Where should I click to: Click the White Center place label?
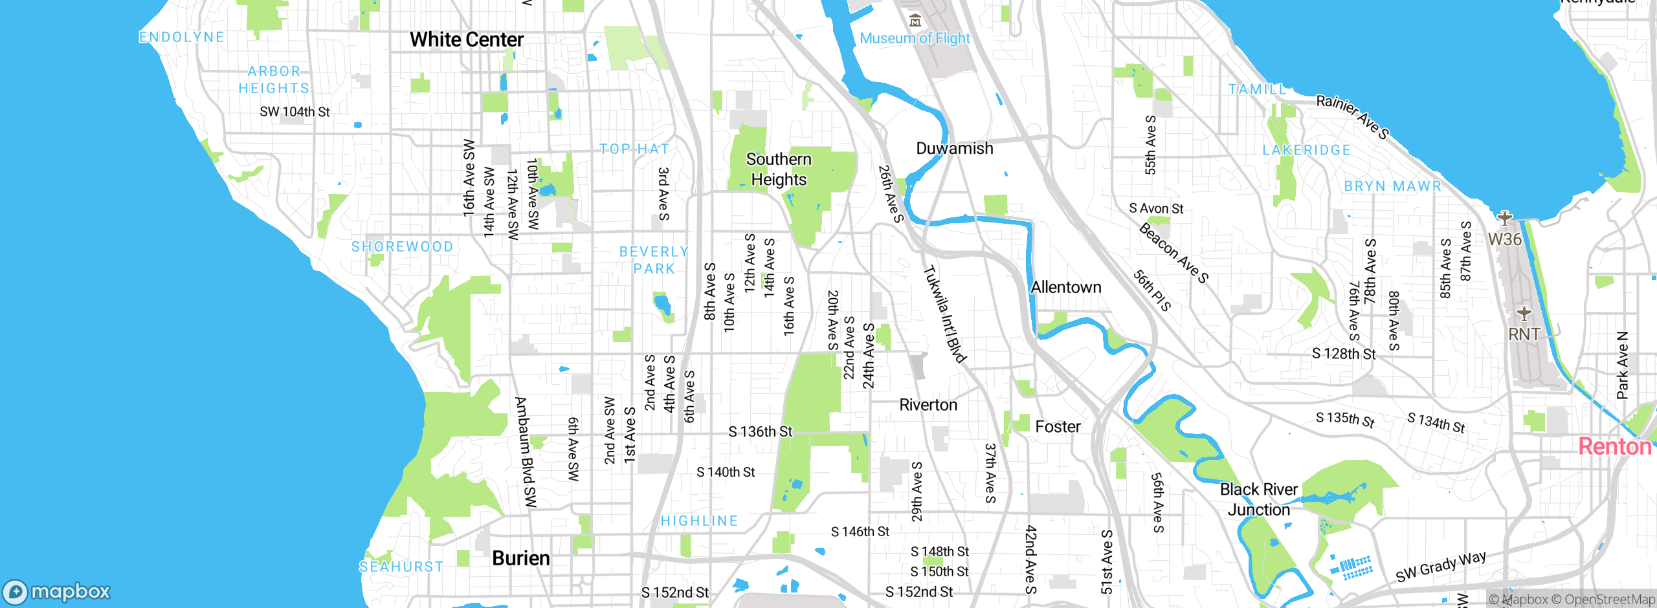466,39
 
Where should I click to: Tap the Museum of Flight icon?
915,21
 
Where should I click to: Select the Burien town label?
520,558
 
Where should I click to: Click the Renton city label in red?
1614,446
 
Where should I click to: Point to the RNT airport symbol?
1524,314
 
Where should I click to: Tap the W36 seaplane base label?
1504,239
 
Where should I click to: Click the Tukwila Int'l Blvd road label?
944,314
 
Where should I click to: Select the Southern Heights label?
779,169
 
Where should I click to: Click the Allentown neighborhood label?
1065,287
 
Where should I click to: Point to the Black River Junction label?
1258,499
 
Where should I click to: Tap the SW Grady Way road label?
1440,567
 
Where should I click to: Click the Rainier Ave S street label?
1352,116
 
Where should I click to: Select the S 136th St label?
760,431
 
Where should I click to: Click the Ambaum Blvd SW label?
526,452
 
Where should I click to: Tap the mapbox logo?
57,592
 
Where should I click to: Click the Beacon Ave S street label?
1173,253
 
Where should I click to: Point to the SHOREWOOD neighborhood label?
402,246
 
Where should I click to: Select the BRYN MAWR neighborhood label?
1392,186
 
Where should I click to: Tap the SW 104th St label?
295,112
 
